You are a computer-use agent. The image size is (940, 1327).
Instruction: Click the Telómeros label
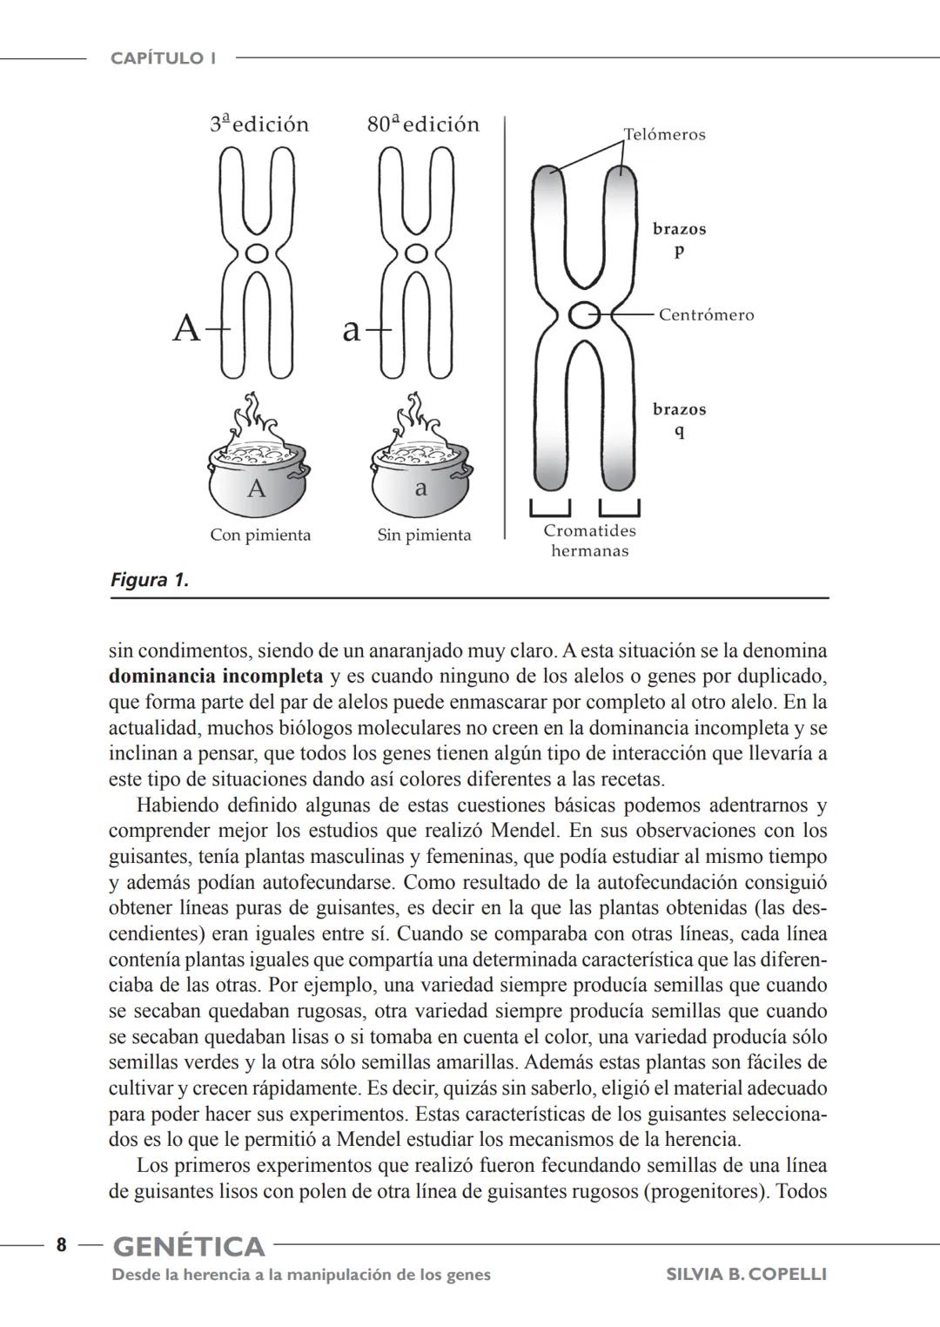tap(664, 135)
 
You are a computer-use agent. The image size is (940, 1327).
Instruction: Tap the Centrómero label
tap(706, 315)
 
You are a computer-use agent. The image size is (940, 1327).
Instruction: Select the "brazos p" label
tap(679, 239)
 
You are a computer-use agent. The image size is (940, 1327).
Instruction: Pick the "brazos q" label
tap(679, 420)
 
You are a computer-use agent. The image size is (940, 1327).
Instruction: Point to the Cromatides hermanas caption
tap(589, 541)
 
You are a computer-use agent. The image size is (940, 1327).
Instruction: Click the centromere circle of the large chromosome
tap(583, 315)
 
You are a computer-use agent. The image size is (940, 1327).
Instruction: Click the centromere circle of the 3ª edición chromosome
tap(256, 253)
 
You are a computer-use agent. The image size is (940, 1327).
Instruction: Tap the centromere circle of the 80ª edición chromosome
tap(417, 253)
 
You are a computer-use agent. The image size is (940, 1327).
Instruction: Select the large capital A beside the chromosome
tap(186, 329)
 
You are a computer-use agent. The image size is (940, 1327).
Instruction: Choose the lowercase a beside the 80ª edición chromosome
tap(350, 330)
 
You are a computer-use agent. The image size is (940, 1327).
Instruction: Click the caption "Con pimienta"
tap(260, 536)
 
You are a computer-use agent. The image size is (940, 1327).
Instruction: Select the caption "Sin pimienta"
tap(424, 536)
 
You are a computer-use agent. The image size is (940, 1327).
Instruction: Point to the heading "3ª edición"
tap(259, 125)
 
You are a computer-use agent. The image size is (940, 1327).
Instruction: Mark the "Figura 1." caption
tap(150, 580)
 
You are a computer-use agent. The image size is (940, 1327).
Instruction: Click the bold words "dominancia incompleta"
tap(215, 677)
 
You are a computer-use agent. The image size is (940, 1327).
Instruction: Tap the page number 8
tap(61, 1245)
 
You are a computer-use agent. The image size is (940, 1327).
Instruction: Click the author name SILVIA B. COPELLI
tap(746, 1275)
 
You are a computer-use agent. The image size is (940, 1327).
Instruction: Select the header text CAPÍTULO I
tap(164, 58)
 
